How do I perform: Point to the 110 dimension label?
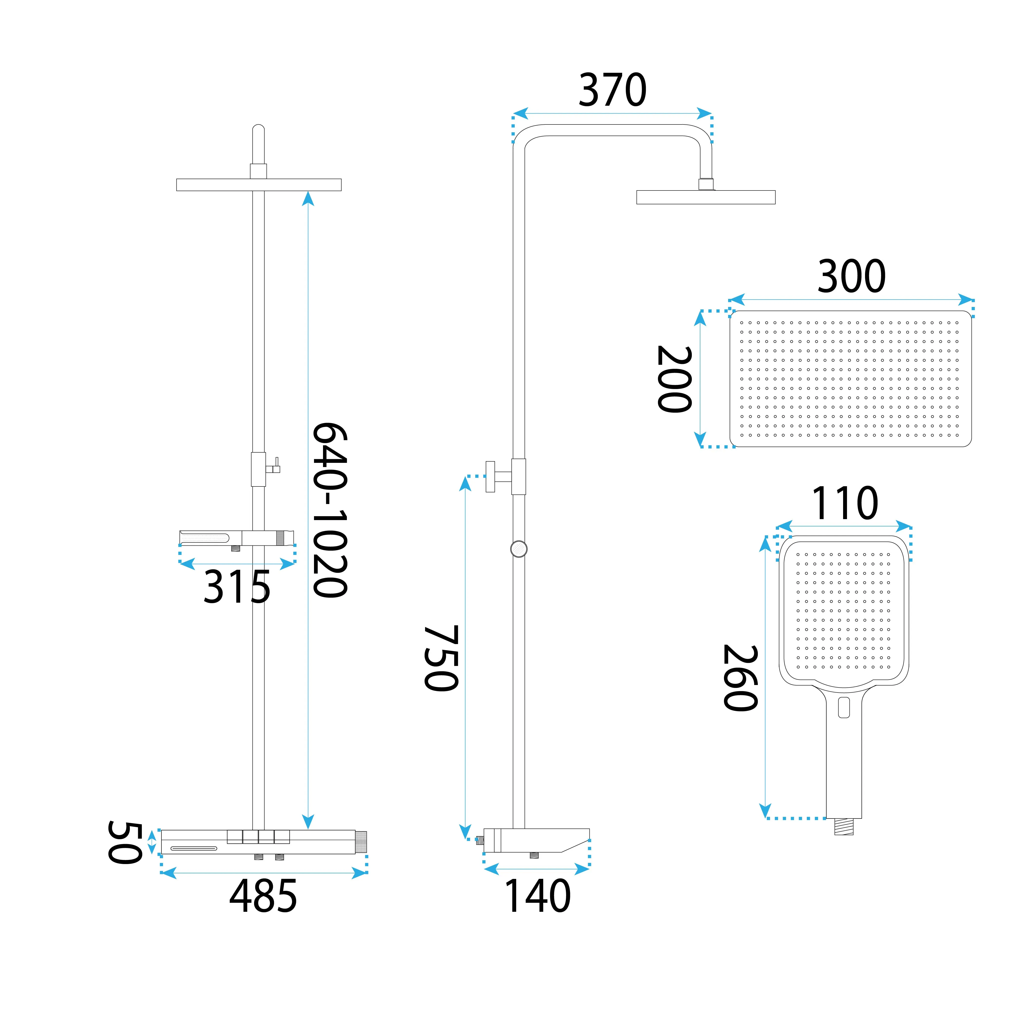point(845,503)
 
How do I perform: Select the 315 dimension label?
point(237,587)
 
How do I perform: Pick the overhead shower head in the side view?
point(705,197)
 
